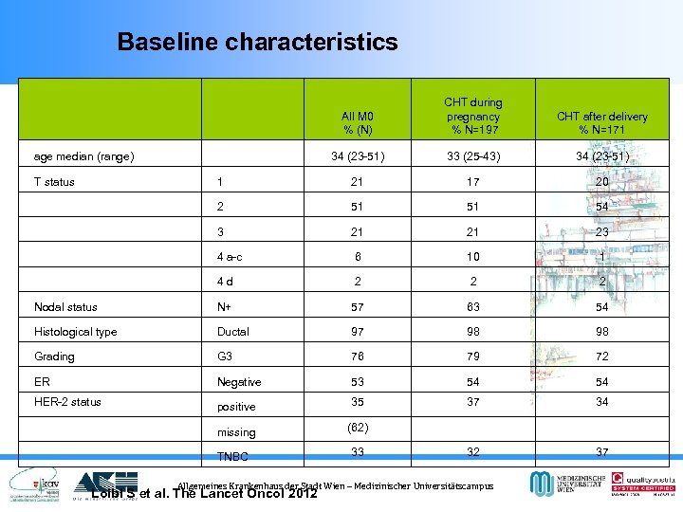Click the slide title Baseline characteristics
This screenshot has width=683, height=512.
[257, 42]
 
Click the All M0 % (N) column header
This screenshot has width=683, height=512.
[358, 122]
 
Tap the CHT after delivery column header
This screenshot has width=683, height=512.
[601, 122]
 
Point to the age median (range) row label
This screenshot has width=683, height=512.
[83, 156]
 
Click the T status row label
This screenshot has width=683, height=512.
[54, 182]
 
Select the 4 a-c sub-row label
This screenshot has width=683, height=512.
[230, 256]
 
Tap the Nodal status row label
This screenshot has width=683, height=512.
[65, 306]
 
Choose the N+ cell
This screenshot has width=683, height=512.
[226, 306]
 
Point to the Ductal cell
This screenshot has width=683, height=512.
[232, 332]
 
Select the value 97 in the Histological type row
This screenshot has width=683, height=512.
[358, 332]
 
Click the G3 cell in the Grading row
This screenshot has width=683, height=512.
[225, 357]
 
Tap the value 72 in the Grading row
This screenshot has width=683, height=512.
[601, 357]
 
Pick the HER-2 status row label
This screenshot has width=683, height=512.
[67, 402]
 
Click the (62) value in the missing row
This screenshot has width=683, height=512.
[358, 428]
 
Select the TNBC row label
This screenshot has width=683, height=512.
[233, 456]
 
